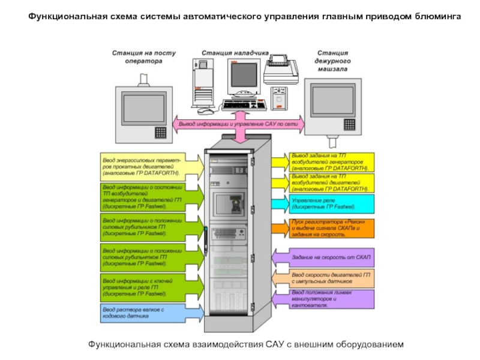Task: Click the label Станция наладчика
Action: pyautogui.click(x=234, y=53)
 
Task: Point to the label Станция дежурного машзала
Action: pyautogui.click(x=333, y=61)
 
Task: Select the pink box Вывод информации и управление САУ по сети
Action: pyautogui.click(x=239, y=124)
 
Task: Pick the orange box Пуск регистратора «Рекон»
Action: pyautogui.click(x=331, y=228)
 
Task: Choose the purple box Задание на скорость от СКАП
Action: pyautogui.click(x=331, y=257)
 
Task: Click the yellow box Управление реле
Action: pyautogui.click(x=331, y=203)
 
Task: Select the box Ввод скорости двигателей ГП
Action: pyautogui.click(x=331, y=278)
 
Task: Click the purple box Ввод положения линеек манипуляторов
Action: pyautogui.click(x=331, y=299)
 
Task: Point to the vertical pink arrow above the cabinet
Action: pyautogui.click(x=239, y=135)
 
